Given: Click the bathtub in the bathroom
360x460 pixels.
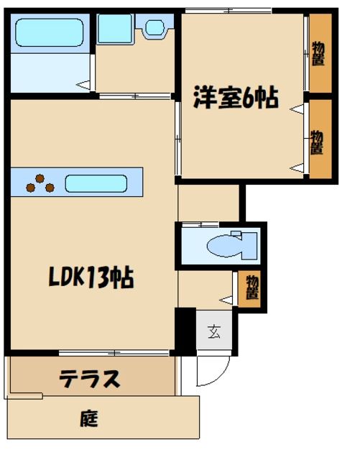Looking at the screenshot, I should pos(49,32).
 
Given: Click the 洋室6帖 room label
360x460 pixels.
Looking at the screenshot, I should pos(235,98).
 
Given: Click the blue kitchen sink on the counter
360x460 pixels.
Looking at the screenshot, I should pos(96,183).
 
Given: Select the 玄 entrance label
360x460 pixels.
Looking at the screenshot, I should pos(214,331).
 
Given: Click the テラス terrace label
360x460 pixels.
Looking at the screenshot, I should pos(89,379).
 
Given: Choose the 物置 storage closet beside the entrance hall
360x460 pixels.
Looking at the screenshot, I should pos(251,288).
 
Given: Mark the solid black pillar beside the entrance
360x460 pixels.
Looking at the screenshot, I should pos(185,331).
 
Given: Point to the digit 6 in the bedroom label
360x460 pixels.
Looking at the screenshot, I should pos(249,98).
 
